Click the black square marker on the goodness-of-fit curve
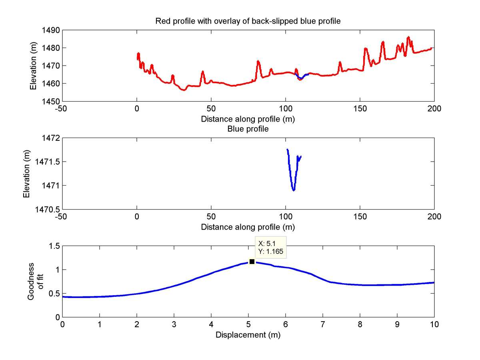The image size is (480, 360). pos(252,262)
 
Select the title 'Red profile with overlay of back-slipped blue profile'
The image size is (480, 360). pos(248,21)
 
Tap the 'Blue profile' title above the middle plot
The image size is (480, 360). pos(248,129)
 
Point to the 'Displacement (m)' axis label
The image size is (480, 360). pos(248,335)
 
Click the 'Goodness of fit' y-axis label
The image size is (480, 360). pos(34,281)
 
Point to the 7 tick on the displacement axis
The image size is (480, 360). pos(322,325)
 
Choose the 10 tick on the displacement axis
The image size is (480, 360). pos(434,325)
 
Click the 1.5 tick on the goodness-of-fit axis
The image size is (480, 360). pos(54,246)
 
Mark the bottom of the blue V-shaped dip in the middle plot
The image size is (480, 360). pos(294,190)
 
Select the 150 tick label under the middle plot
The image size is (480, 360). pos(360,217)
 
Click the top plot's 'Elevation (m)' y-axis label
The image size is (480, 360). pos(34,66)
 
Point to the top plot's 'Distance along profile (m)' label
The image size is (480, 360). pos(248,119)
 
